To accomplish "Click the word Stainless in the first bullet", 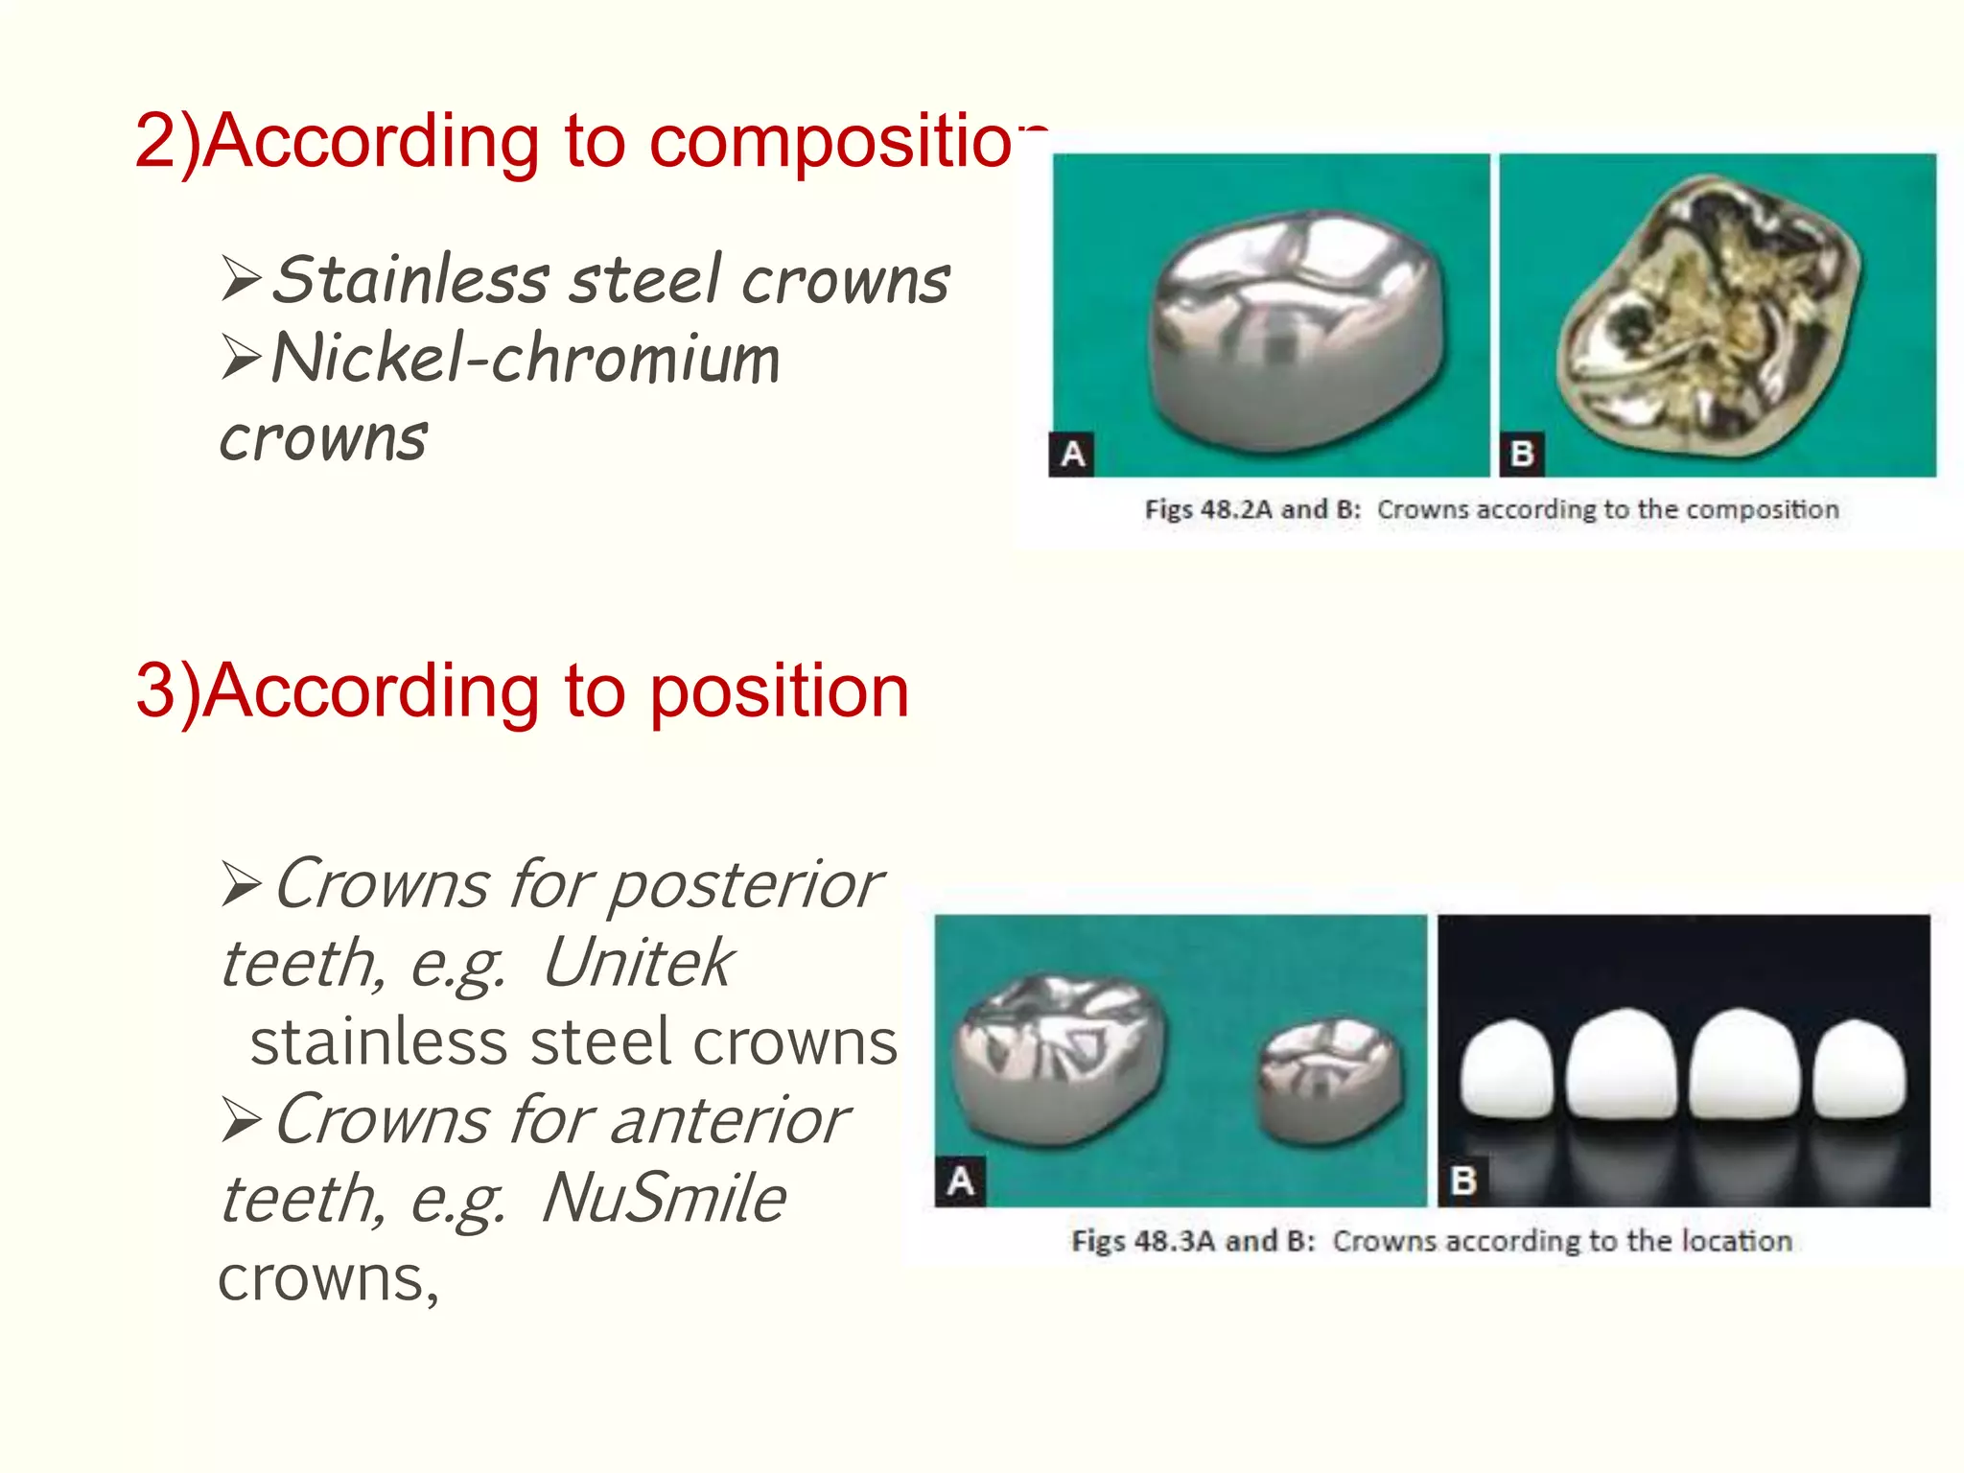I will tap(410, 280).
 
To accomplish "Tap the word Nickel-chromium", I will tap(526, 359).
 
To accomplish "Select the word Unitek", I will tap(638, 963).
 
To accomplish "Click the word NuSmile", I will tap(664, 1199).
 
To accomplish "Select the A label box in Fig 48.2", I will tap(1072, 455).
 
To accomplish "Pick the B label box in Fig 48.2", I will tap(1521, 455).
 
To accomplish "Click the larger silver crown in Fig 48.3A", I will tap(1060, 1055).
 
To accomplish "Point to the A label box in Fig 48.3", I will tap(960, 1181).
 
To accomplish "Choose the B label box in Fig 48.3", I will tap(1462, 1181).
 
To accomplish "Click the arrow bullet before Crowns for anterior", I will tap(241, 1120).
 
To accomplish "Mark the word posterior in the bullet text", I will tap(745, 884).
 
